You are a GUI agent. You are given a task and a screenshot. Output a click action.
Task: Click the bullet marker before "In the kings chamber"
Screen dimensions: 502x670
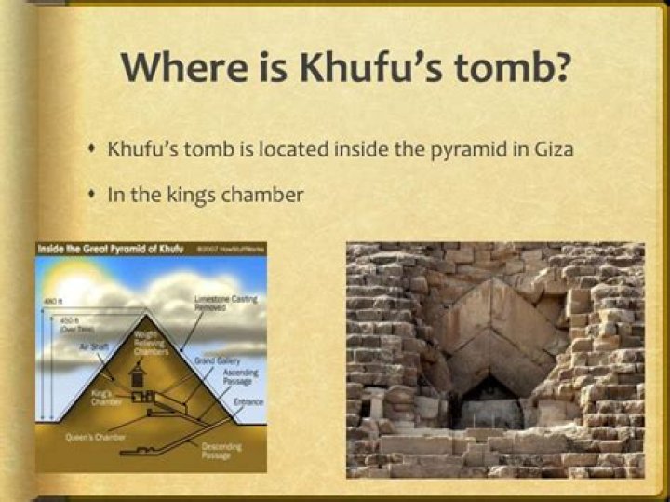pyautogui.click(x=91, y=194)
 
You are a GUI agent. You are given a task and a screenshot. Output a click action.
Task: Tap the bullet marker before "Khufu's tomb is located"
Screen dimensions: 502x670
pyautogui.click(x=91, y=148)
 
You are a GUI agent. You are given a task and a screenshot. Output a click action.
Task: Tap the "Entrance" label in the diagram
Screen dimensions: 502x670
pyautogui.click(x=248, y=401)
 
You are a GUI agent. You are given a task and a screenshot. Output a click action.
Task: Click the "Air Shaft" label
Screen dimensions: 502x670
pyautogui.click(x=95, y=346)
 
